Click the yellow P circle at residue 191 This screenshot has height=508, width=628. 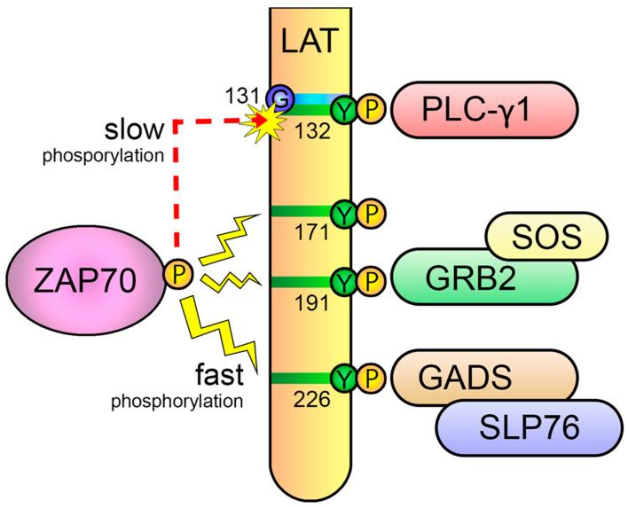tap(373, 282)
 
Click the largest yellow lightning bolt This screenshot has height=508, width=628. tap(222, 332)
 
